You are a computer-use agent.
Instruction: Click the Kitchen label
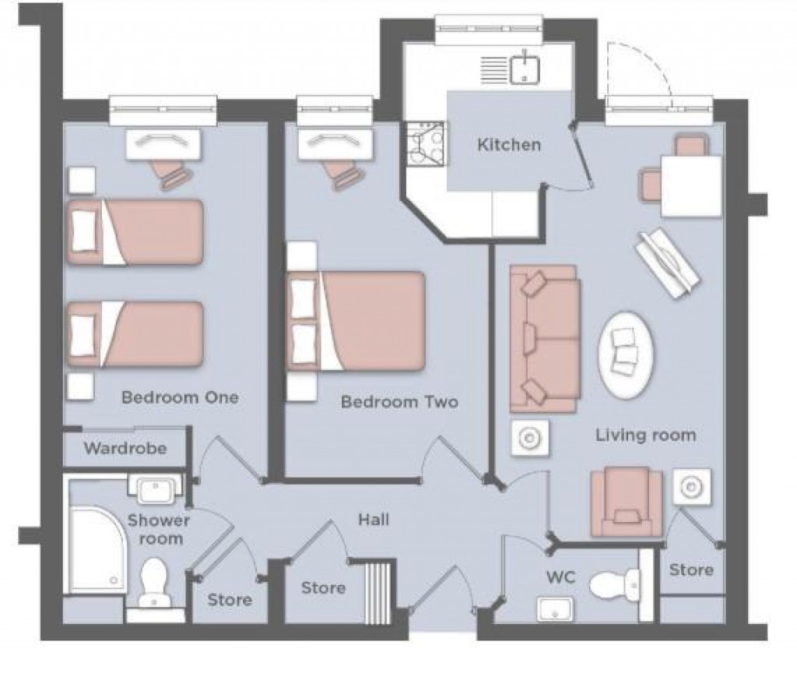[508, 144]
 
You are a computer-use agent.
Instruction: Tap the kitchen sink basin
[526, 69]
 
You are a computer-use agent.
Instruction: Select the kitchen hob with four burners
[424, 144]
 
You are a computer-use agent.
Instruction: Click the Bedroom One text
[180, 397]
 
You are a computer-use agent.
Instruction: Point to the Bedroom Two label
[399, 402]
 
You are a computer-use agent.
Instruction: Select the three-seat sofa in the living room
[544, 338]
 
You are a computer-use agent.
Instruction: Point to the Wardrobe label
[125, 449]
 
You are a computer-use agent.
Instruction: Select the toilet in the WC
[614, 584]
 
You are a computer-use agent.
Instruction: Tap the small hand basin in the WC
[554, 609]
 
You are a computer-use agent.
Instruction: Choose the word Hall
[374, 519]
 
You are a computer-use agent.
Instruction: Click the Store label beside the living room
[691, 570]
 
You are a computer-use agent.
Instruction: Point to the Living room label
[645, 435]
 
